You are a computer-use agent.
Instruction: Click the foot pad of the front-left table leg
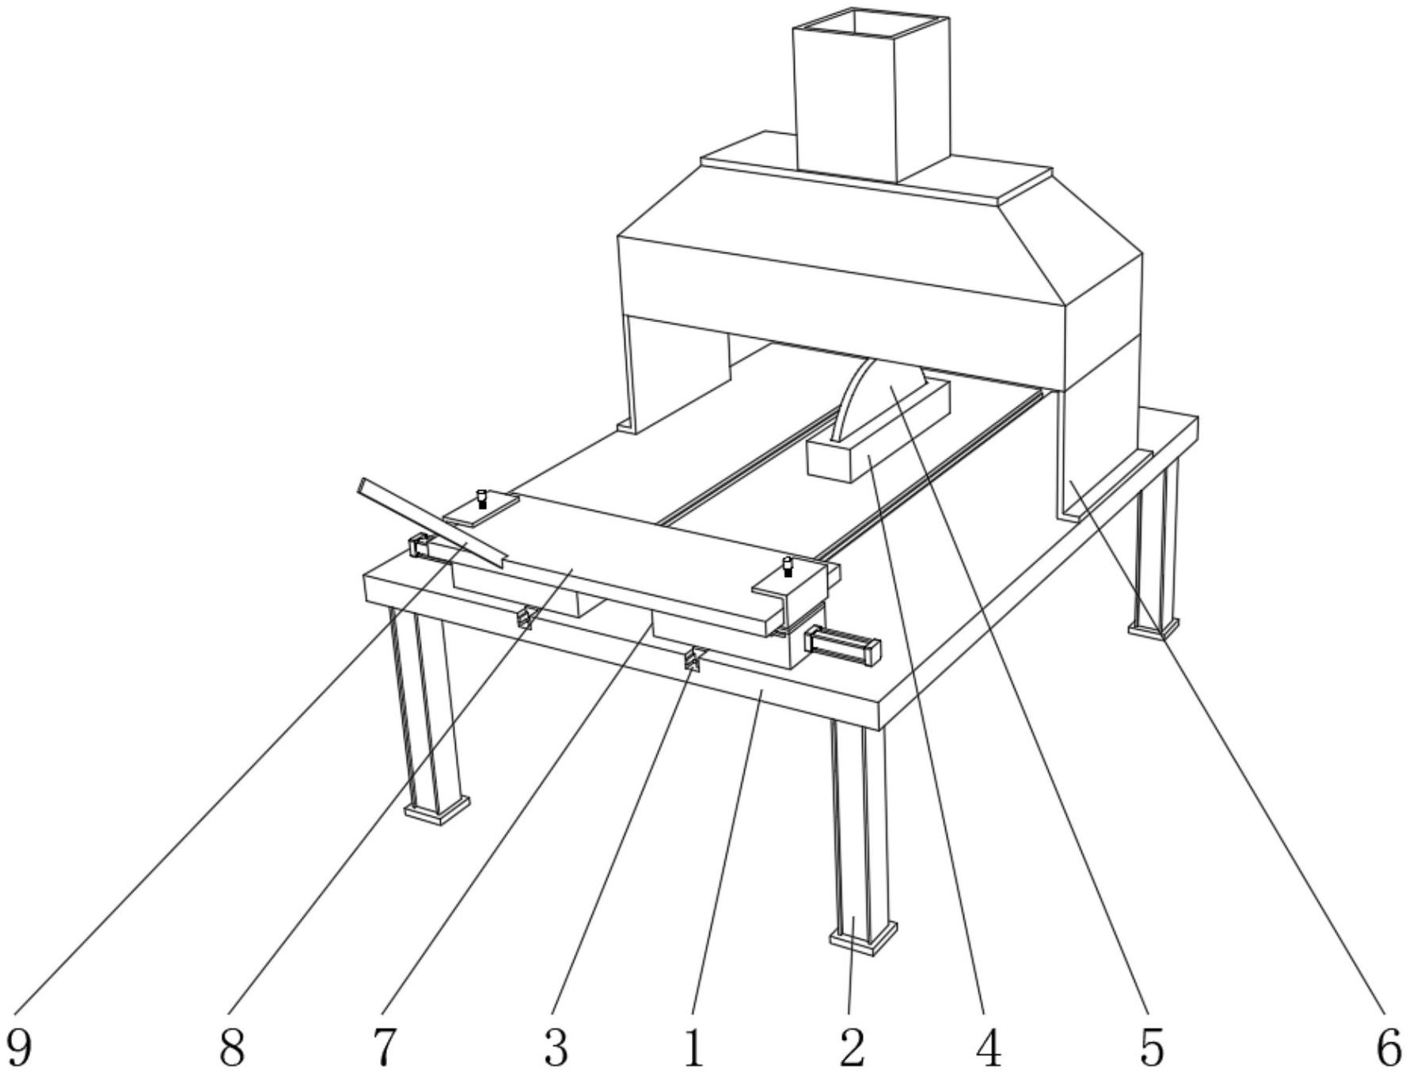click(436, 810)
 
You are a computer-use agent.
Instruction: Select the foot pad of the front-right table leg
click(863, 939)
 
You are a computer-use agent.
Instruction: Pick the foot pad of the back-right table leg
click(1153, 626)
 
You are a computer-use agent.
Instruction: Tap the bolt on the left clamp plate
click(482, 500)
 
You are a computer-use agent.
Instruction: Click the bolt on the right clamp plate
click(788, 567)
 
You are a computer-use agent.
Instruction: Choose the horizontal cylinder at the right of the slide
click(842, 643)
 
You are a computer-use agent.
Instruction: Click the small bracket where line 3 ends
click(694, 658)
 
